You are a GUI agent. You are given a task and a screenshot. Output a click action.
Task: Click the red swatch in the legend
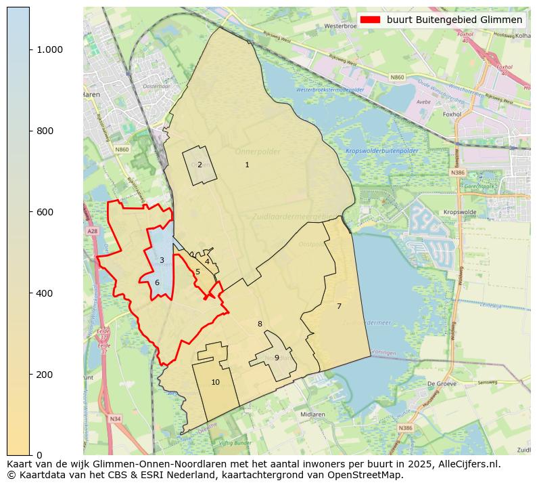coord(371,20)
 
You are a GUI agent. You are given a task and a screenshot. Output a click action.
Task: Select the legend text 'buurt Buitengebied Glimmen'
coord(454,20)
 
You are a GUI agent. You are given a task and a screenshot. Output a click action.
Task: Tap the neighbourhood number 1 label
coord(247,165)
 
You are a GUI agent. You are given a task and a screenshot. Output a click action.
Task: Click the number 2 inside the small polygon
coord(200,165)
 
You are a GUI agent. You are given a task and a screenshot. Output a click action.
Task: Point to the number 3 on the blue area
coord(162,261)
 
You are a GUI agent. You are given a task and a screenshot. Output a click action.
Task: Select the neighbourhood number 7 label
coord(339,307)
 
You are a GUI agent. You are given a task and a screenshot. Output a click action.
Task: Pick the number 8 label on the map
coord(260,324)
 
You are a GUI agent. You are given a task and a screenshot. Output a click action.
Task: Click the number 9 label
coord(277,358)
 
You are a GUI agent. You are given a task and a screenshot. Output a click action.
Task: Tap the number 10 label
coord(215,383)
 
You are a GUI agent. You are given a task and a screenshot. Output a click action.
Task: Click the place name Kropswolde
coord(460,212)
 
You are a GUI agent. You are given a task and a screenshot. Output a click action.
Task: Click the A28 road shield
coord(92,232)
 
